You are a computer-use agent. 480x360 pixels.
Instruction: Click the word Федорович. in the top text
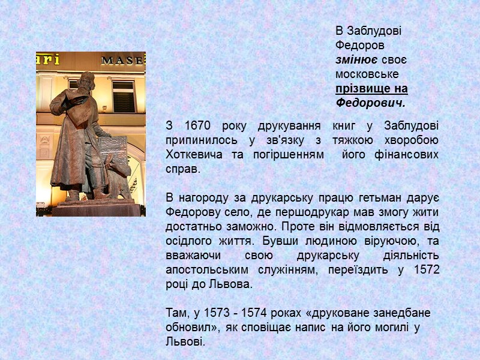(370, 103)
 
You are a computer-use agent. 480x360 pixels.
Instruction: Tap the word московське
(367, 74)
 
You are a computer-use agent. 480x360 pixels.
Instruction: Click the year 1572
(427, 270)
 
